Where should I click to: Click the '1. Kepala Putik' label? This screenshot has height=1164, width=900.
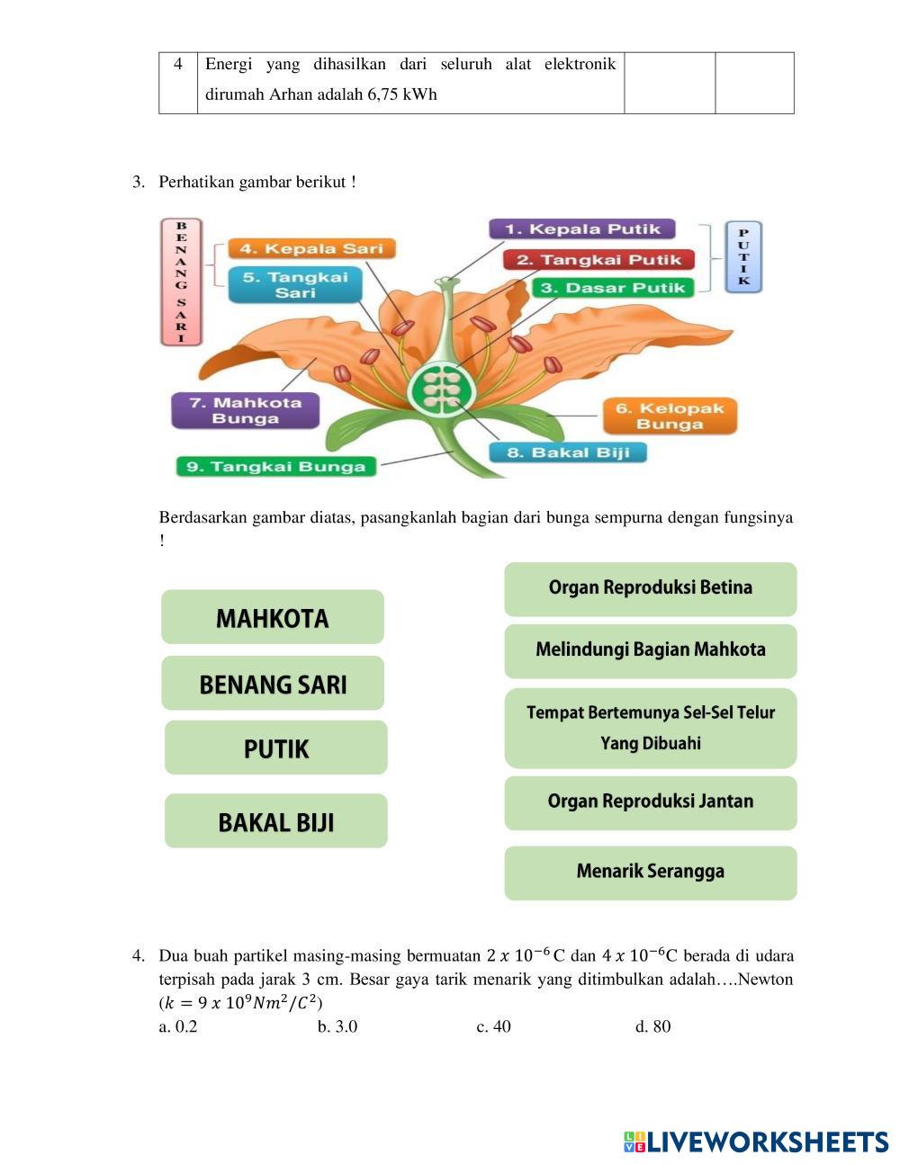pos(582,229)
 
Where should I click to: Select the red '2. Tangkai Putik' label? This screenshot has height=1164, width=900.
pos(598,260)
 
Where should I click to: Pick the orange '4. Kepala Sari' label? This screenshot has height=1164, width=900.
pos(311,249)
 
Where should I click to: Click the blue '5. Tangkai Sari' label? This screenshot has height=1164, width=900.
pos(294,284)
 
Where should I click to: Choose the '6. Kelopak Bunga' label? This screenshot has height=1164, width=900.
pos(670,416)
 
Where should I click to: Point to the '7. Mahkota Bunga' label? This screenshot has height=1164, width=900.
pos(246,410)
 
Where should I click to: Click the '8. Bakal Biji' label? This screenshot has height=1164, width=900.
pos(567,452)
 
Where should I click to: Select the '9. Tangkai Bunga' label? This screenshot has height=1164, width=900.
pos(276,466)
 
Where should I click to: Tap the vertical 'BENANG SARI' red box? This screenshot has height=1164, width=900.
pos(181,282)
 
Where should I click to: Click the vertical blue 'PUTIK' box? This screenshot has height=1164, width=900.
pos(743,257)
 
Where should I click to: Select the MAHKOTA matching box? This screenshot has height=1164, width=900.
pos(273,618)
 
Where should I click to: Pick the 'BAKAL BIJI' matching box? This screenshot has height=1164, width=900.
pos(276,821)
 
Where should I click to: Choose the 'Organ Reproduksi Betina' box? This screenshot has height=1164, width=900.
pos(650,588)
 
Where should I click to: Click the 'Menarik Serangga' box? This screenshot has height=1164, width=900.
pos(650,872)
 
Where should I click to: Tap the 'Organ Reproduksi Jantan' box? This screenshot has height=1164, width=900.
pos(650,801)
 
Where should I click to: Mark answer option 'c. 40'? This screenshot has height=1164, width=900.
pos(493,1026)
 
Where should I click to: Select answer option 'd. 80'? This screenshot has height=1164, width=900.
pos(652,1026)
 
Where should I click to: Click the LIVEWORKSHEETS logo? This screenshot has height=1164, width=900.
pos(756,1142)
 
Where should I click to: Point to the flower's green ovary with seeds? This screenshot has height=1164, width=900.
pos(440,389)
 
